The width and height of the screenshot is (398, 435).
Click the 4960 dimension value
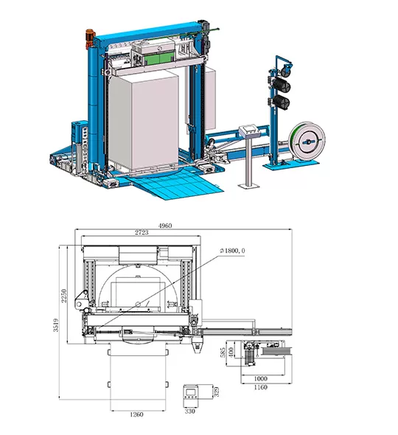(165, 226)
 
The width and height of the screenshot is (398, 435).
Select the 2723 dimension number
(142, 232)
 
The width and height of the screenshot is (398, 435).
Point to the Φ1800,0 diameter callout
(233, 251)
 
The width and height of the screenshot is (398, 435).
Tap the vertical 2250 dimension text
(64, 296)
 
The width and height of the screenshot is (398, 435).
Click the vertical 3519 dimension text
(56, 325)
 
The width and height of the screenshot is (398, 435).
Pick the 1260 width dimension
(136, 414)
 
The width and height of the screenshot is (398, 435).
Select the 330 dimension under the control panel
(190, 411)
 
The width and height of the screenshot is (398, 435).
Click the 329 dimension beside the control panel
(217, 391)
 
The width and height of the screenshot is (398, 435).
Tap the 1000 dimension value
(260, 378)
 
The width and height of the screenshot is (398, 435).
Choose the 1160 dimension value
(260, 387)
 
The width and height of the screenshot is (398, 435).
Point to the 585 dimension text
(223, 352)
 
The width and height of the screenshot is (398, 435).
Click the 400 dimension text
(231, 352)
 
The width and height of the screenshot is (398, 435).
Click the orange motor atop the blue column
(90, 38)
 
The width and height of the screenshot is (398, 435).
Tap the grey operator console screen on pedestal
(250, 130)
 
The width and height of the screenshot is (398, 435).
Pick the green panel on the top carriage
(159, 60)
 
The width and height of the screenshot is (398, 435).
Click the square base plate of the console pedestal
(249, 186)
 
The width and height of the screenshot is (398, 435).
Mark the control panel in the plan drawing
(191, 396)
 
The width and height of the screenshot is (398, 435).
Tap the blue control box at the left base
(79, 130)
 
